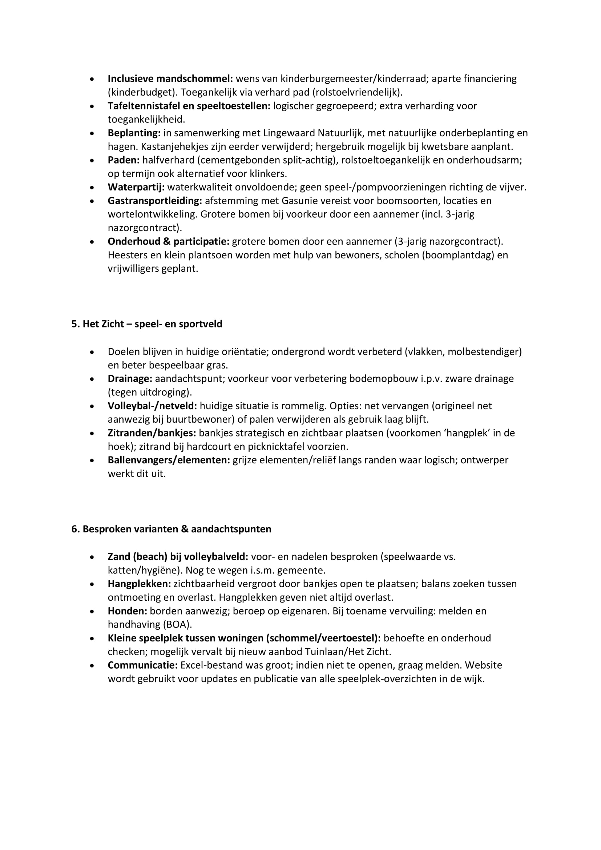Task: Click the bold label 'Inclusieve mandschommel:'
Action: (x=170, y=79)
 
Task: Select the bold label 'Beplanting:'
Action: (x=134, y=133)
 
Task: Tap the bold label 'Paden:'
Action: (x=124, y=160)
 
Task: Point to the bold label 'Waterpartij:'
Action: (x=136, y=187)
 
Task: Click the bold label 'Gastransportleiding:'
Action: (x=155, y=201)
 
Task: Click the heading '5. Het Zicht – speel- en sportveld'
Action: (x=146, y=324)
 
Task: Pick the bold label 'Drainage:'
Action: (x=130, y=379)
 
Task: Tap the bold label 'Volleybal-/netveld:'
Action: (x=152, y=406)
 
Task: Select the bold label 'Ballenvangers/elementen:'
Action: (x=169, y=460)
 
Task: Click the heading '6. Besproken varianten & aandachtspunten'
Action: (x=171, y=529)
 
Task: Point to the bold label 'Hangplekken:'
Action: (x=139, y=584)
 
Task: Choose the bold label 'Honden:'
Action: (x=127, y=611)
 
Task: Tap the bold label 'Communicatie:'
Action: (x=142, y=665)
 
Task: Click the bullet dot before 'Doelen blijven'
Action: (x=92, y=352)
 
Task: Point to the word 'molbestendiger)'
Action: (x=484, y=352)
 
